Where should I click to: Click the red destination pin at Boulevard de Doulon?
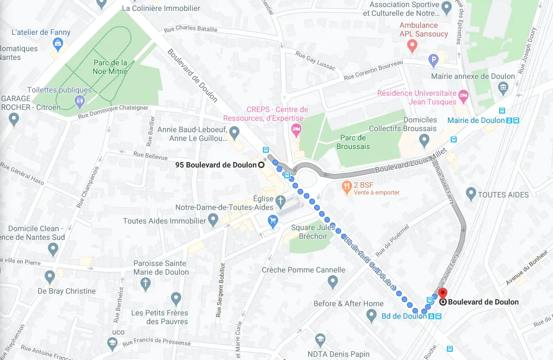pyautogui.click(x=443, y=294)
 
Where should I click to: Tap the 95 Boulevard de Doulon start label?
pyautogui.click(x=216, y=165)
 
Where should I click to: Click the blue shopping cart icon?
pyautogui.click(x=273, y=220)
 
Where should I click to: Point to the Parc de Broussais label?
pyautogui.click(x=353, y=142)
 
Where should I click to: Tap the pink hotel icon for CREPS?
pyautogui.click(x=296, y=130)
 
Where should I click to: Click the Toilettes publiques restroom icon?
pyautogui.click(x=80, y=101)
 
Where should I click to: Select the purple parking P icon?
pyautogui.click(x=434, y=60)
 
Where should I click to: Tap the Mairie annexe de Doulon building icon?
pyautogui.click(x=503, y=88)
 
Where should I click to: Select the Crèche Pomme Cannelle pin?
pyautogui.click(x=333, y=282)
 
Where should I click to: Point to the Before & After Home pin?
pyautogui.click(x=371, y=315)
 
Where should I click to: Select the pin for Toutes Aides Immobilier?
pyautogui.click(x=213, y=220)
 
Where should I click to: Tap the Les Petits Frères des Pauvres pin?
pyautogui.click(x=176, y=299)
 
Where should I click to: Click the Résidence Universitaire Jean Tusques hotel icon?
pyautogui.click(x=464, y=97)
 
